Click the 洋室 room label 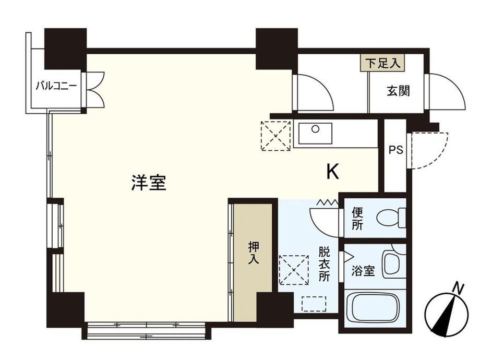click(x=149, y=183)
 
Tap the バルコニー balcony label click(x=56, y=86)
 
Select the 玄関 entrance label click(x=398, y=91)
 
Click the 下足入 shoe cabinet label click(x=382, y=63)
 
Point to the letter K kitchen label click(x=333, y=172)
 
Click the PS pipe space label click(x=395, y=150)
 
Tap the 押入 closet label click(x=254, y=253)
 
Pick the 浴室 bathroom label click(x=363, y=271)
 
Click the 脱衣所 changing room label click(x=324, y=264)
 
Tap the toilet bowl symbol click(x=391, y=218)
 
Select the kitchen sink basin click(x=315, y=134)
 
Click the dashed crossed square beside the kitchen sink click(x=275, y=136)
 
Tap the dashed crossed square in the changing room click(x=294, y=270)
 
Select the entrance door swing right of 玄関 click(x=447, y=91)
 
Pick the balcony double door click(x=95, y=90)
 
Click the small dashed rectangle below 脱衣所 click(x=314, y=304)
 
